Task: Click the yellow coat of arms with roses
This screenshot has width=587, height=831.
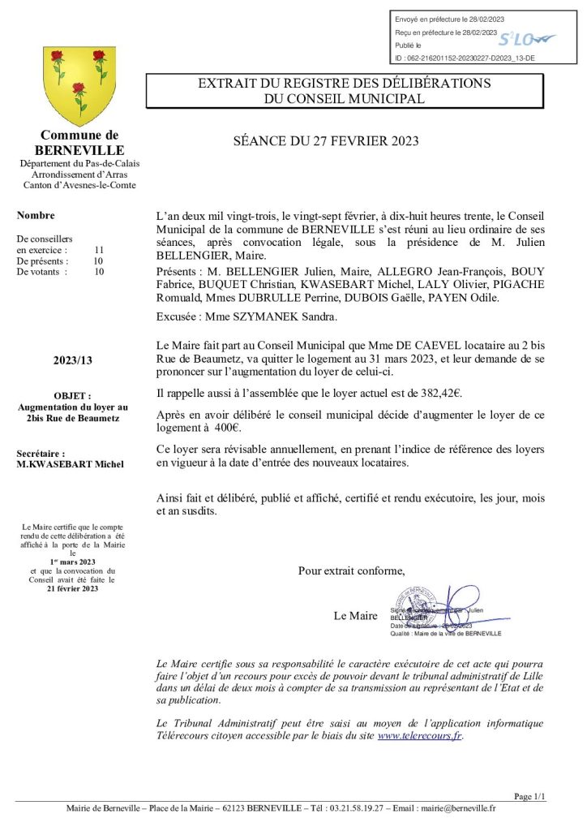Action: point(79,85)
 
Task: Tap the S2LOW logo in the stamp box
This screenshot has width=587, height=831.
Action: point(526,39)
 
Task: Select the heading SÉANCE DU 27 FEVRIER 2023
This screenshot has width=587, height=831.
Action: point(325,141)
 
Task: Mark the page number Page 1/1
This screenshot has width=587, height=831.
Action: point(530,797)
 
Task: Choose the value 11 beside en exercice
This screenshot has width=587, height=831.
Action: point(99,250)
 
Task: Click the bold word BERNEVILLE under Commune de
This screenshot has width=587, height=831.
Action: point(79,150)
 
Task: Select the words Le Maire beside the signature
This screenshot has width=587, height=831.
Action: point(355,616)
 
